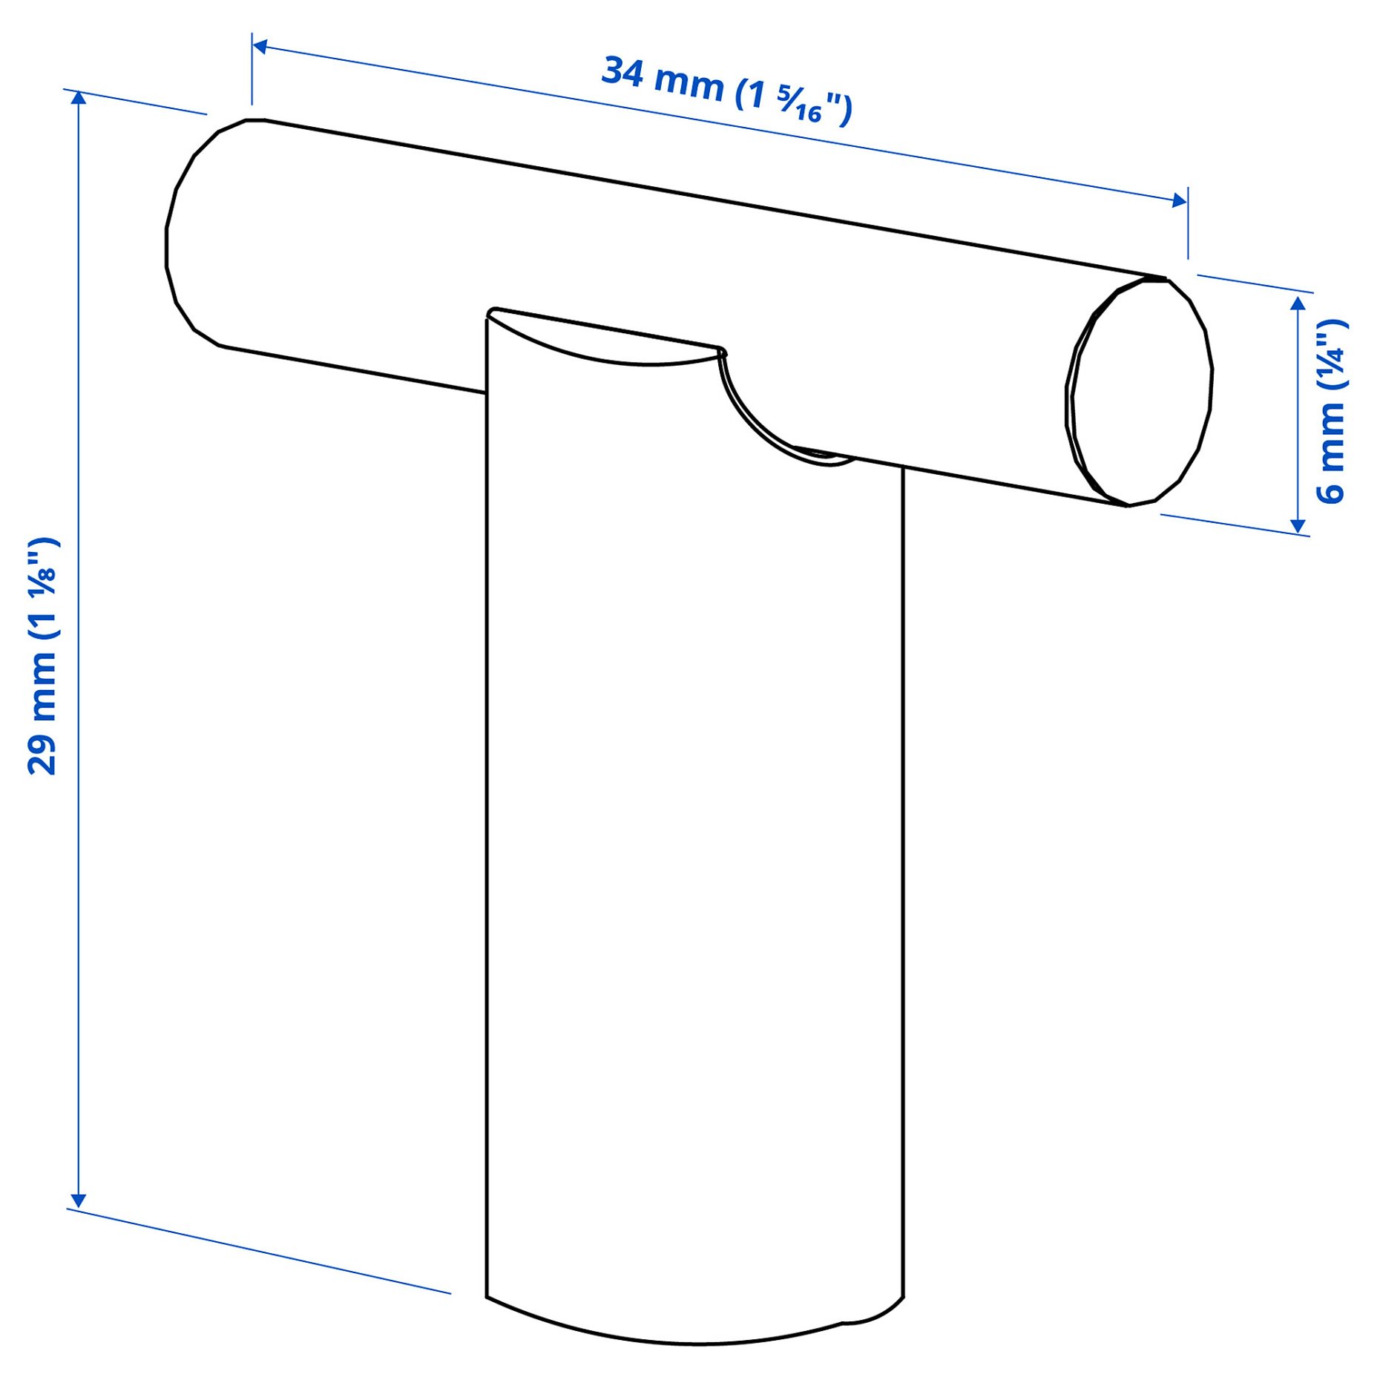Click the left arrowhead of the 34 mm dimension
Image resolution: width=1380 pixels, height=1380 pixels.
[x=260, y=47]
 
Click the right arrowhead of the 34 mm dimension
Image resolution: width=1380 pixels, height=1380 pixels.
[x=1179, y=200]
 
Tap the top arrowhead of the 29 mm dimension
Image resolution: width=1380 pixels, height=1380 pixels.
[x=79, y=98]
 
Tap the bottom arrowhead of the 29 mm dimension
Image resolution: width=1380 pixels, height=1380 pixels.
[x=79, y=1201]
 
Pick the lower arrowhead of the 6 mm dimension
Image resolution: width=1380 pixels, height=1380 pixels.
[x=1298, y=525]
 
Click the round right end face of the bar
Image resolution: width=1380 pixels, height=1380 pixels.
[x=1143, y=393]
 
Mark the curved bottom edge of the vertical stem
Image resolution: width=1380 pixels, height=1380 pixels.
[x=690, y=1341]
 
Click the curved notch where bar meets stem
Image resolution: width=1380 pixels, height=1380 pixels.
[x=757, y=423]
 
